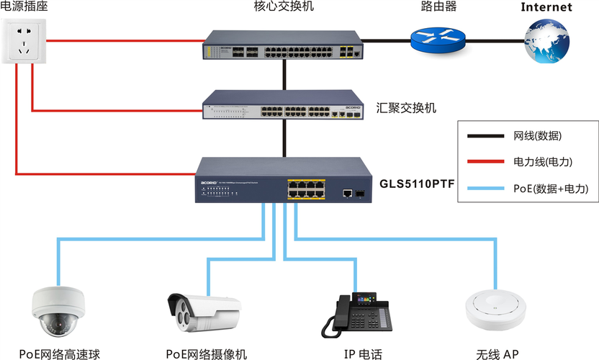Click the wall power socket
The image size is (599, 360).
tap(30, 42)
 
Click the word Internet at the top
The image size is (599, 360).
tap(546, 8)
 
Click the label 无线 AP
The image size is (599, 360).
tap(497, 354)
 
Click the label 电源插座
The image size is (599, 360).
tap(24, 7)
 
